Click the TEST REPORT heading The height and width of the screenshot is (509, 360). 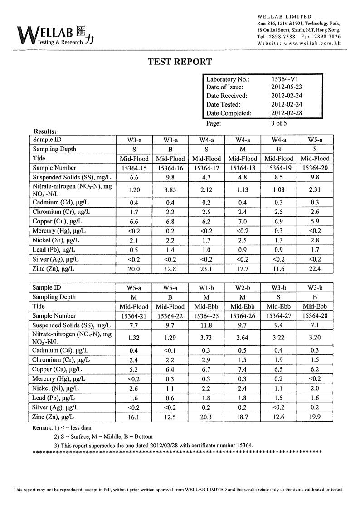coord(180,62)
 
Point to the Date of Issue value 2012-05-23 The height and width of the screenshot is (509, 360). coord(287,87)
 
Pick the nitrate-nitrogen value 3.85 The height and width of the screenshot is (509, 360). coord(170,190)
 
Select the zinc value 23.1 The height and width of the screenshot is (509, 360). coord(206,269)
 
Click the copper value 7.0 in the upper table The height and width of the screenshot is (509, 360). coord(243,221)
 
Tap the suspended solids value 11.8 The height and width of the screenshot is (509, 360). coord(206,325)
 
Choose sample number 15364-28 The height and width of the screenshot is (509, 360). coord(315,316)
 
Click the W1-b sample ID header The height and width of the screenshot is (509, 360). coord(206,288)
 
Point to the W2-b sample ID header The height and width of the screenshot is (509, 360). coord(243,288)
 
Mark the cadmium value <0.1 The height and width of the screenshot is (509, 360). coord(170,350)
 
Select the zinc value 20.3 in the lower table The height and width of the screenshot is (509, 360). coord(206,417)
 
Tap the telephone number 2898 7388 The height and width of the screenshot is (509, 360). coord(282,36)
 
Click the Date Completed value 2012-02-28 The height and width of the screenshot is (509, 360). coord(287,113)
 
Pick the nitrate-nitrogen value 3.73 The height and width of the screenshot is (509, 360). coord(206,338)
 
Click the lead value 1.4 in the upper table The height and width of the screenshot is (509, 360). coord(170,250)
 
